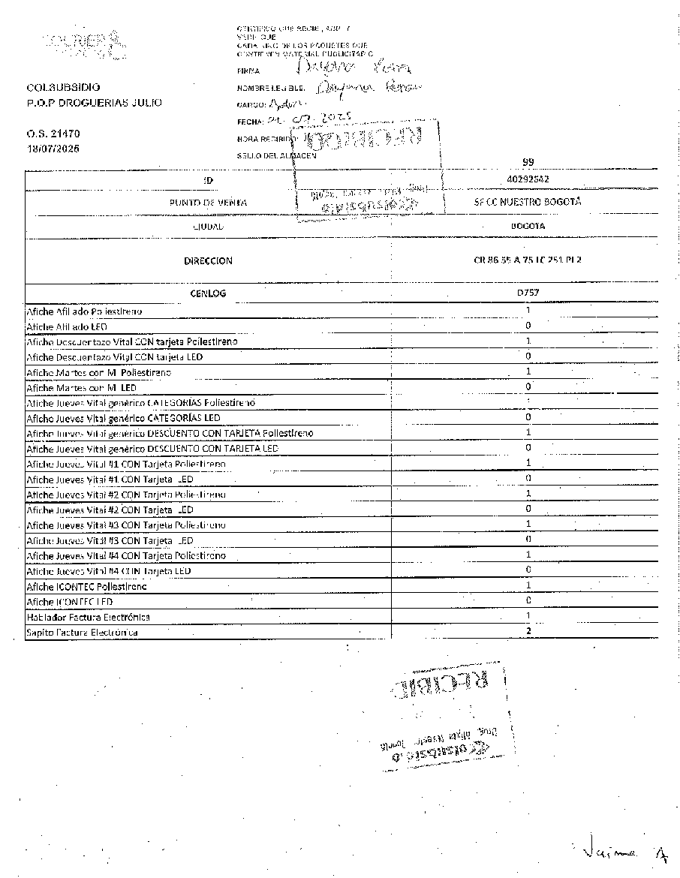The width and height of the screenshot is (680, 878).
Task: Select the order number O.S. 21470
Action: [53, 134]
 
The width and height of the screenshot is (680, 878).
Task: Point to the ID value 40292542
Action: [528, 180]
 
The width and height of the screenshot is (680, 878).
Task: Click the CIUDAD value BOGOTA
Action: [528, 225]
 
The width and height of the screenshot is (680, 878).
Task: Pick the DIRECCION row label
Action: [208, 261]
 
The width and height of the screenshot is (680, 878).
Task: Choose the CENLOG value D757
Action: [528, 293]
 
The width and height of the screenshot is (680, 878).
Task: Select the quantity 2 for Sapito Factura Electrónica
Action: [528, 631]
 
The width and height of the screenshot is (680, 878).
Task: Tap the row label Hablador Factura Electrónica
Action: [88, 617]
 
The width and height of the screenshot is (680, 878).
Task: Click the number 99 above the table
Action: [527, 162]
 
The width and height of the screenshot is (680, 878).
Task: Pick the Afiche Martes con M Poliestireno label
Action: [98, 372]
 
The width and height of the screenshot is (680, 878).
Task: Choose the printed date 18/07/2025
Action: [53, 149]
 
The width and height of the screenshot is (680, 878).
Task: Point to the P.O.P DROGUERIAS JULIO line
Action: [94, 103]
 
